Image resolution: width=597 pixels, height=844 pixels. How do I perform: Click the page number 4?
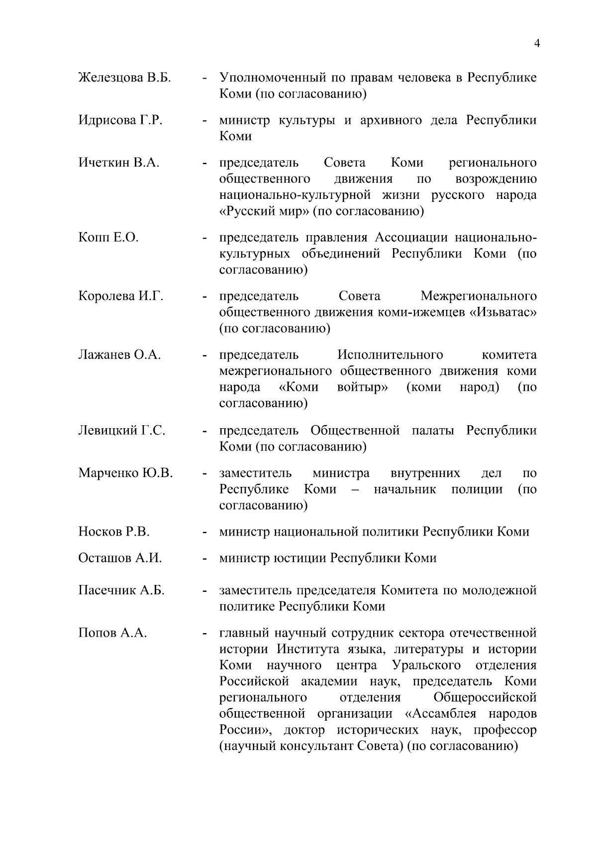pos(537,43)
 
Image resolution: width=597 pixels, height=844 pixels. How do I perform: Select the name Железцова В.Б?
pos(124,78)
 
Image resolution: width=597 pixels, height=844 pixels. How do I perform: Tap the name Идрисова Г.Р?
pos(120,120)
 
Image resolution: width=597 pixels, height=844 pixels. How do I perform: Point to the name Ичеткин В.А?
pos(119,163)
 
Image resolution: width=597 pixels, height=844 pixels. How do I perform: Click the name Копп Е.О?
pos(108,238)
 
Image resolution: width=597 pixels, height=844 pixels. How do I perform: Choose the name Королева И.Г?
pos(121,296)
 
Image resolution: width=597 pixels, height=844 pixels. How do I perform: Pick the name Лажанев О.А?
pos(119,355)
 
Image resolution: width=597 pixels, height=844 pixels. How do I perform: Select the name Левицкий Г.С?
pos(122,430)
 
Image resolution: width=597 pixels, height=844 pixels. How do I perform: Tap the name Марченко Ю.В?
pos(125,473)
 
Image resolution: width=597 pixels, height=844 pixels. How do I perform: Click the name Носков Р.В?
pos(114,532)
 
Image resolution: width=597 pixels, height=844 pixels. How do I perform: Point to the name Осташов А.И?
pos(120,558)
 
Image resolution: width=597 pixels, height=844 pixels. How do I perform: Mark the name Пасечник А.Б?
pos(121,590)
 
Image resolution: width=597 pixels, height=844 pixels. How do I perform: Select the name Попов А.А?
pos(112,633)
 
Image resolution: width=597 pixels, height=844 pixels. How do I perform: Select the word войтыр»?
pos(362,387)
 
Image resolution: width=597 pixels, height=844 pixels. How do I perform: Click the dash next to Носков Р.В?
pos(204,533)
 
